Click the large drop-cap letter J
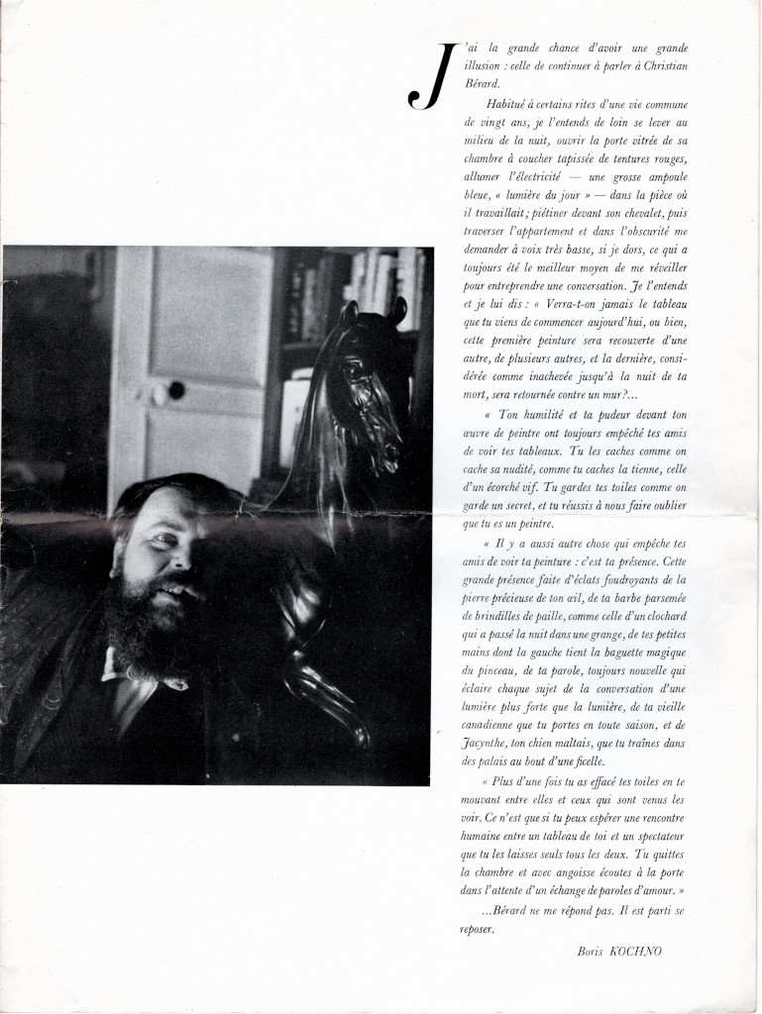pyautogui.click(x=427, y=78)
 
